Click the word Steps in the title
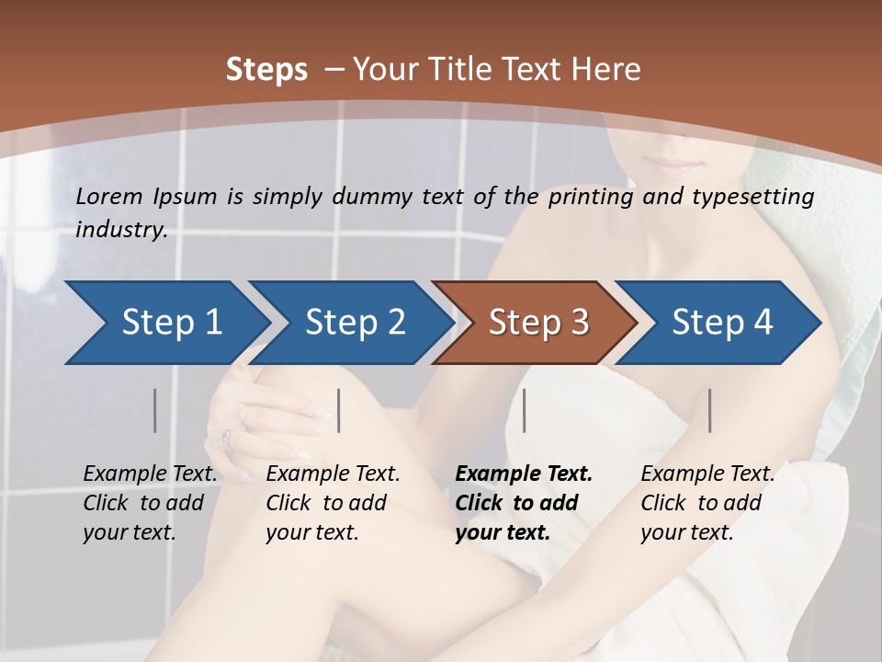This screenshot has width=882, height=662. pos(266,69)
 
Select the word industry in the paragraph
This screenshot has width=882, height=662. pos(119,230)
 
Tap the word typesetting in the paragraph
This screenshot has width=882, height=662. pos(759,197)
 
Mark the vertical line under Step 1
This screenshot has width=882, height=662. pos(155,410)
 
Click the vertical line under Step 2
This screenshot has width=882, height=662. pos(339,410)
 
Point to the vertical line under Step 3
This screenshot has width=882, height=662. pos(525,410)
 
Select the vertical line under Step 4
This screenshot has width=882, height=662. pos(709,410)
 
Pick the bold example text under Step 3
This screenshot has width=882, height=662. pos(523,503)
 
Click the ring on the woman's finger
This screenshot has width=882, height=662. pos(226,435)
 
